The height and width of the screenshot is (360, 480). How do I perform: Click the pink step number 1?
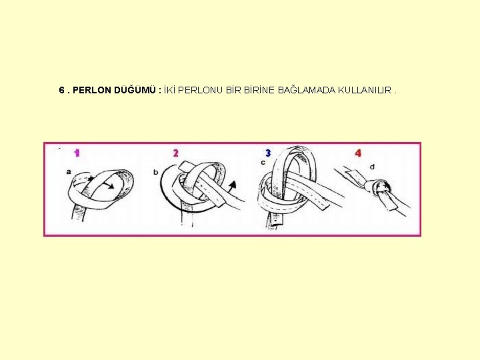[x=77, y=153]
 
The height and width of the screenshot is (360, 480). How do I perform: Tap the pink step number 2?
[x=176, y=153]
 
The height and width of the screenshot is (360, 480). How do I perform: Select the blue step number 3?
[x=268, y=153]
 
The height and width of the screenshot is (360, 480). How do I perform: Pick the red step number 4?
[x=358, y=153]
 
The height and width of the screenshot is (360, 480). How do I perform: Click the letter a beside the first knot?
[x=69, y=172]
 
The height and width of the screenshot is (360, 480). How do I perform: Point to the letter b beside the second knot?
[x=156, y=173]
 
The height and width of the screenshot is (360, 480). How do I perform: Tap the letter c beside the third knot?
[x=263, y=162]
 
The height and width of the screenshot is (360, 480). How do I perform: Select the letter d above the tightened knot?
[x=372, y=167]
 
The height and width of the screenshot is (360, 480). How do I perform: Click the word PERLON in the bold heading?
[x=92, y=90]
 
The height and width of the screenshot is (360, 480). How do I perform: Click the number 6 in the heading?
[x=62, y=90]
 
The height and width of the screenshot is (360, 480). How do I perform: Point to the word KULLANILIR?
[x=365, y=90]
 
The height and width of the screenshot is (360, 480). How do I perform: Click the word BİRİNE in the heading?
[x=259, y=90]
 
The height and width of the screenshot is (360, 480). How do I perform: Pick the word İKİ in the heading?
[x=169, y=90]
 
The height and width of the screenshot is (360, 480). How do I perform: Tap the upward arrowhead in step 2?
[x=233, y=184]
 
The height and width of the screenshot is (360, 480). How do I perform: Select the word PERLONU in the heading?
[x=200, y=90]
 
